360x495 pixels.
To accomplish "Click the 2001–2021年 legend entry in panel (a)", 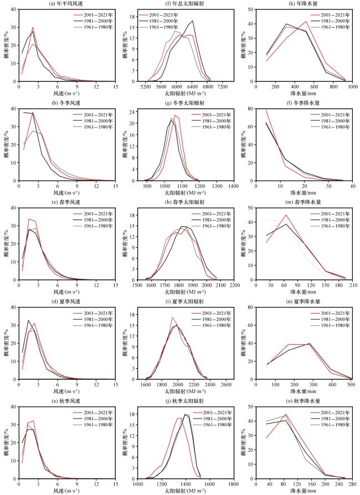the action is pos(92,15).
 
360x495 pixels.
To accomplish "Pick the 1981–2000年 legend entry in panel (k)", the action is pos(330,21).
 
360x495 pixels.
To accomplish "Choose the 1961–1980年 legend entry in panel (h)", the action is pos(212,226).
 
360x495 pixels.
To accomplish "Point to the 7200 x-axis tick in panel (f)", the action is pos(223,86).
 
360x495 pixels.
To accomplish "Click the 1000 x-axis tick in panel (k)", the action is pos(353,86).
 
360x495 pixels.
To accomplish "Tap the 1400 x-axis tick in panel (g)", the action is pos(234,186).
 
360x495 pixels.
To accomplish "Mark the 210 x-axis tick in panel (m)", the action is pos(353,285).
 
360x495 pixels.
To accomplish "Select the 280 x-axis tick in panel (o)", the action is pos(353,484).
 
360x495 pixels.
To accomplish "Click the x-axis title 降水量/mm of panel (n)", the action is pos(304,391).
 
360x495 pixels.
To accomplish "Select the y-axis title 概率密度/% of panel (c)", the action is pos(6,244).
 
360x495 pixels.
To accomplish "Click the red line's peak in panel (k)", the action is pos(306,22).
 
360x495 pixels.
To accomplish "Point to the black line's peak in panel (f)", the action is pos(193,21).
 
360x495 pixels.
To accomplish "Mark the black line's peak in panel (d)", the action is pos(28,320).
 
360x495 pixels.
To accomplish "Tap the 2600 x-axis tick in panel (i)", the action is pos(226,385).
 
